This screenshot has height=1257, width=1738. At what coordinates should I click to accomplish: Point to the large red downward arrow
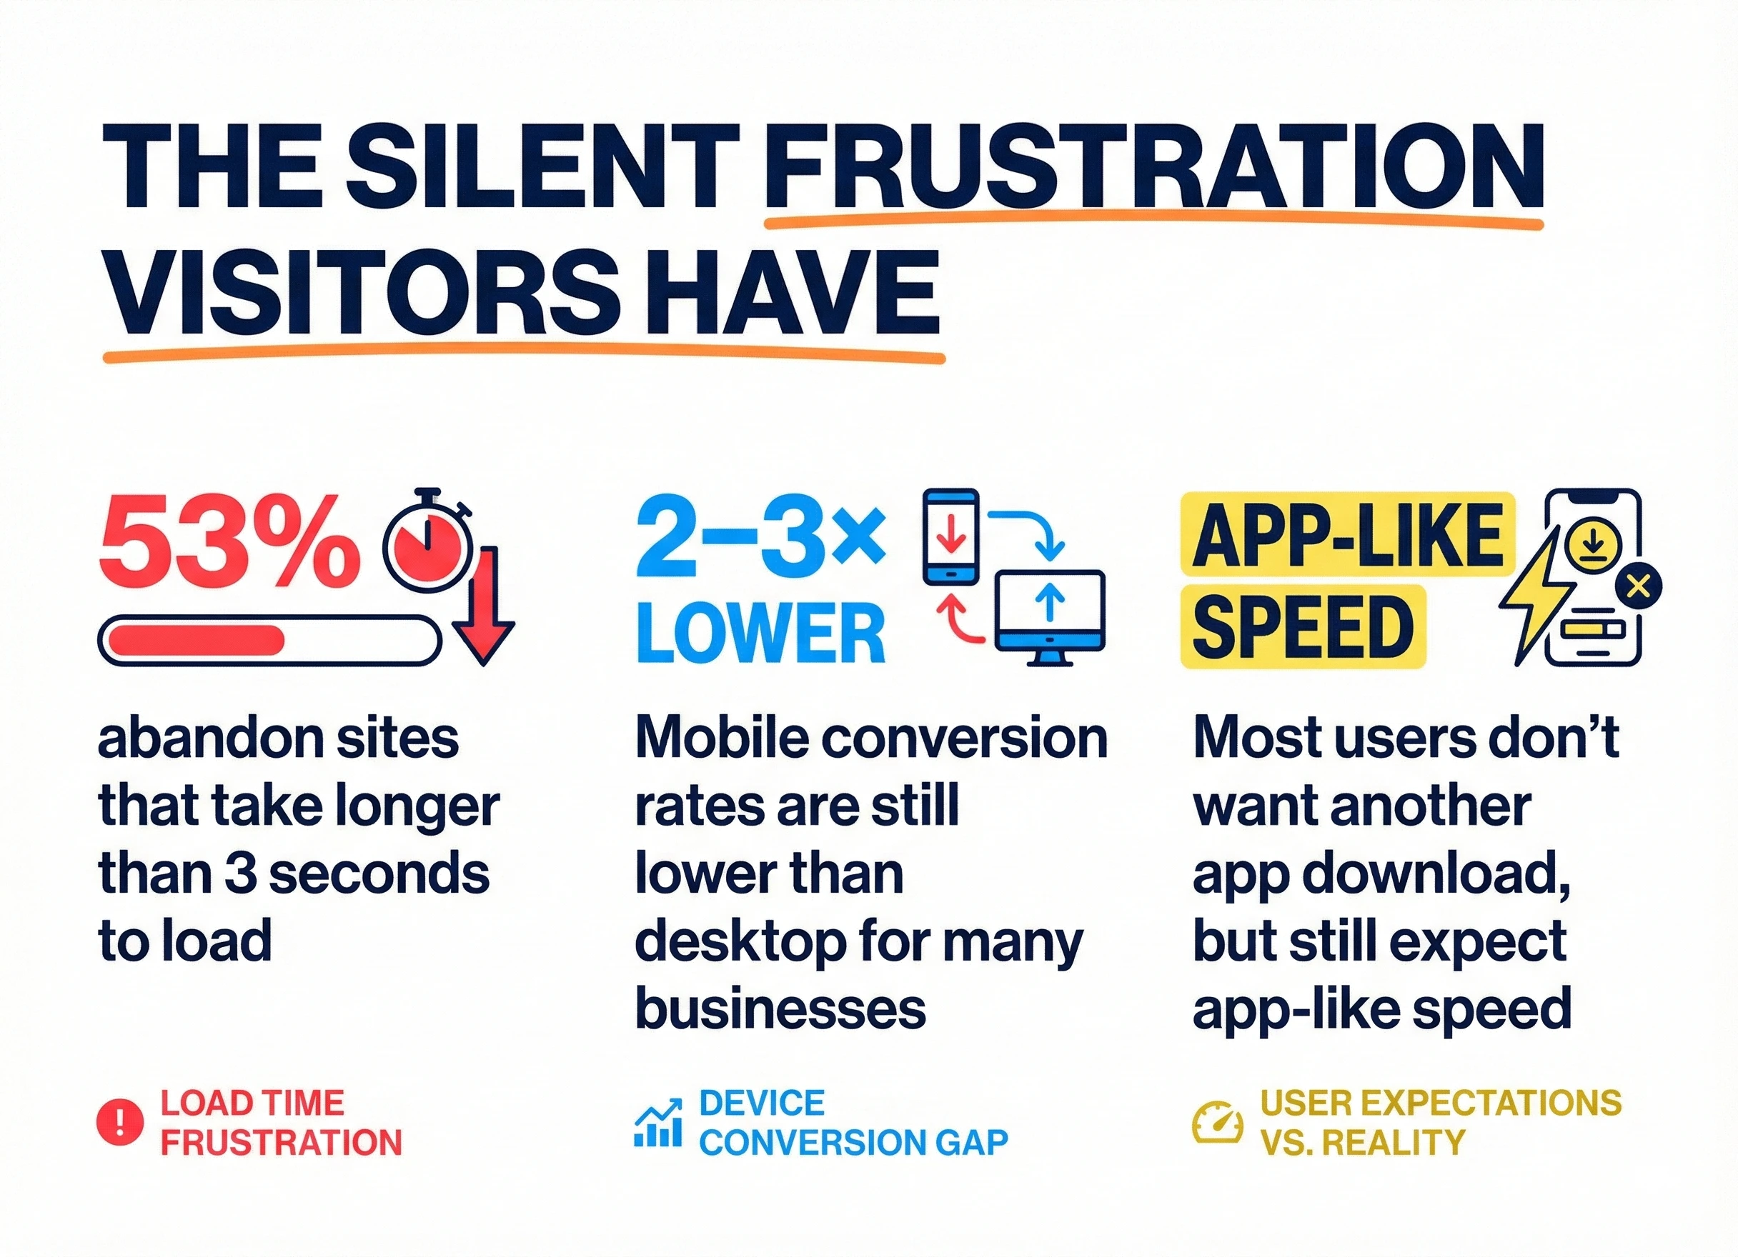click(x=484, y=606)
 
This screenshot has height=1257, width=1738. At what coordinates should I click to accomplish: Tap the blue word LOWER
click(x=761, y=633)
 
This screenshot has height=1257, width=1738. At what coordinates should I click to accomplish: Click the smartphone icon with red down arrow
click(x=951, y=536)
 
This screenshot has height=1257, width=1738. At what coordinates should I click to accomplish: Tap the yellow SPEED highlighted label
click(x=1303, y=626)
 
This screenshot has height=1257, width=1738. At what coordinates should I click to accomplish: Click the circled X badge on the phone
click(x=1638, y=588)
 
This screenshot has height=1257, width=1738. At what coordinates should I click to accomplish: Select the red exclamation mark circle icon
click(x=119, y=1123)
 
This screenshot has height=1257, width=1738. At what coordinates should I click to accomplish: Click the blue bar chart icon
click(x=658, y=1123)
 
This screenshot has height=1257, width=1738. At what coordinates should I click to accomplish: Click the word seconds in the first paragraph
click(x=379, y=874)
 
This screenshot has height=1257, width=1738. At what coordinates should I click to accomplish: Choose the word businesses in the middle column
click(x=781, y=1009)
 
